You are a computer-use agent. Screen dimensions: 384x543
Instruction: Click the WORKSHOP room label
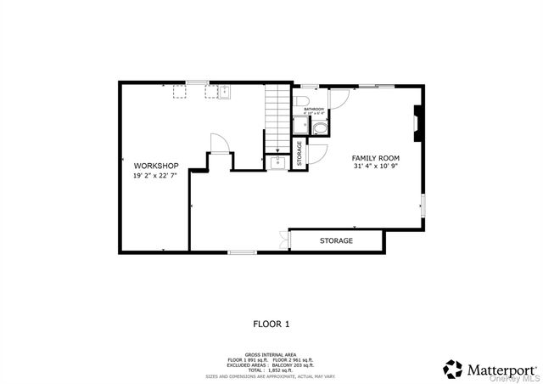pos(155,165)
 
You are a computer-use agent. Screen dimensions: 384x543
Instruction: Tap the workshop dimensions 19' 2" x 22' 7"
pos(155,176)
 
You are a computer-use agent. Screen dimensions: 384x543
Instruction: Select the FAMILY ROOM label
pos(376,158)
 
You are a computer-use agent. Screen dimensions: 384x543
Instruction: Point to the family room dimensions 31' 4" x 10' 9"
pos(376,167)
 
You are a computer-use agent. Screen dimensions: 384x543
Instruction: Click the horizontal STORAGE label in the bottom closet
pos(336,241)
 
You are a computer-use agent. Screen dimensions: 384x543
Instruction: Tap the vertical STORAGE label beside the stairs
pos(299,153)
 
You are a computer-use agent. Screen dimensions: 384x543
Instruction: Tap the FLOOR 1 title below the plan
pos(271,324)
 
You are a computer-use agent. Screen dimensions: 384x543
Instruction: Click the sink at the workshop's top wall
pos(224,92)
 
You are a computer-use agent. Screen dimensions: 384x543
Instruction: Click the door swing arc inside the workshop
pos(219,142)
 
